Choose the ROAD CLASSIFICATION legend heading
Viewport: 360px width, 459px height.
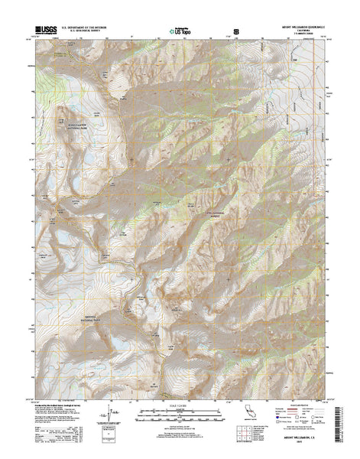pyautogui.click(x=303, y=414)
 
